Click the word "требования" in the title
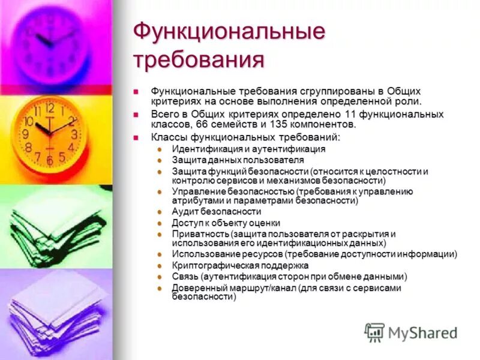tap(199, 60)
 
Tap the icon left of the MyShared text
tap(374, 332)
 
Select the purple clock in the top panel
tap(50, 42)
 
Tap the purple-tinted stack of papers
tap(57, 312)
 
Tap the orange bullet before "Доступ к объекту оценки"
tap(159, 223)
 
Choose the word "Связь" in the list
tap(185, 277)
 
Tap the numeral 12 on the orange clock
tap(49, 108)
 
